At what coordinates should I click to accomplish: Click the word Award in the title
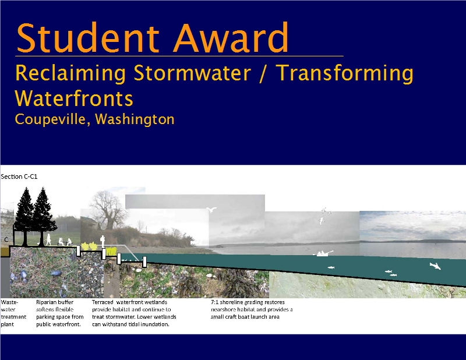click(x=231, y=38)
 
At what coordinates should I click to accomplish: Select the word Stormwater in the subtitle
click(x=192, y=73)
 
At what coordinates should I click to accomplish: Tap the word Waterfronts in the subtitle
click(x=74, y=98)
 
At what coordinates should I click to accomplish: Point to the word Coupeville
click(x=52, y=119)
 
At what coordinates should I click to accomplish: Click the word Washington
click(x=135, y=119)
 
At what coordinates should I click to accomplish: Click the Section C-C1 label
click(x=19, y=177)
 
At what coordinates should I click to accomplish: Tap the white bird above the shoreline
click(x=211, y=210)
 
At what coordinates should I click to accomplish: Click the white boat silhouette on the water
click(x=323, y=253)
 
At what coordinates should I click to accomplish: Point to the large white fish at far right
click(x=435, y=266)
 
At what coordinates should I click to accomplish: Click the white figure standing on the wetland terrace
click(x=103, y=241)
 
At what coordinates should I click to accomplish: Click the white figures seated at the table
click(x=65, y=242)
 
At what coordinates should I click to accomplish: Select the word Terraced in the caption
click(x=103, y=302)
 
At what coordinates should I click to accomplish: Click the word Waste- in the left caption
click(x=9, y=302)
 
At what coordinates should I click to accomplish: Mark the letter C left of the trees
click(x=6, y=239)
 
